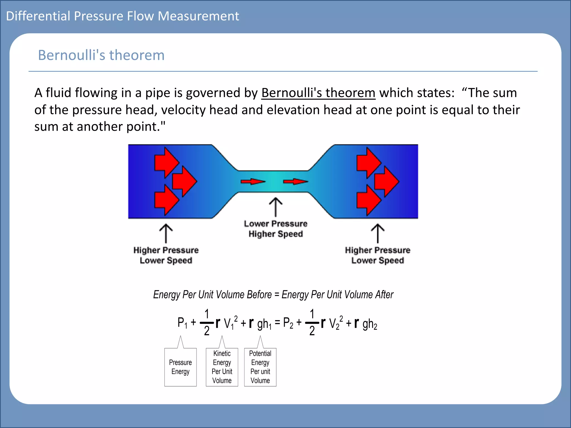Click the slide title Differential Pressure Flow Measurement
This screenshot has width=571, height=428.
[x=122, y=16]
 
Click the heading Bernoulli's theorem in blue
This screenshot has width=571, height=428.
[x=101, y=55]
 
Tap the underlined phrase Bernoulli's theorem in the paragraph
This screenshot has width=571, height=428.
[x=318, y=93]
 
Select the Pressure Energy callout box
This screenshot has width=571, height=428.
[x=180, y=367]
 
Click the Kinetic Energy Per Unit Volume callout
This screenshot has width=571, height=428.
[x=222, y=367]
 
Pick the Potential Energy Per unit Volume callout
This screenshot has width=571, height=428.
[x=260, y=367]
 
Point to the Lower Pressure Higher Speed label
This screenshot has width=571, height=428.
[x=275, y=229]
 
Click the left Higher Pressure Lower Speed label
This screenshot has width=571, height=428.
[x=166, y=255]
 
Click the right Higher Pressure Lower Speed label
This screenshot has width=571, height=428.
[x=378, y=255]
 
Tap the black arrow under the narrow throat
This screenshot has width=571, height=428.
[x=276, y=207]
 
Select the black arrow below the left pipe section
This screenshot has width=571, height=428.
[x=166, y=234]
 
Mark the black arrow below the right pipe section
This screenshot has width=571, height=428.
[x=378, y=234]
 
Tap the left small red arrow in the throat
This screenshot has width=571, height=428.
[x=253, y=182]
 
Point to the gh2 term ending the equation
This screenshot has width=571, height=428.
[x=370, y=324]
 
